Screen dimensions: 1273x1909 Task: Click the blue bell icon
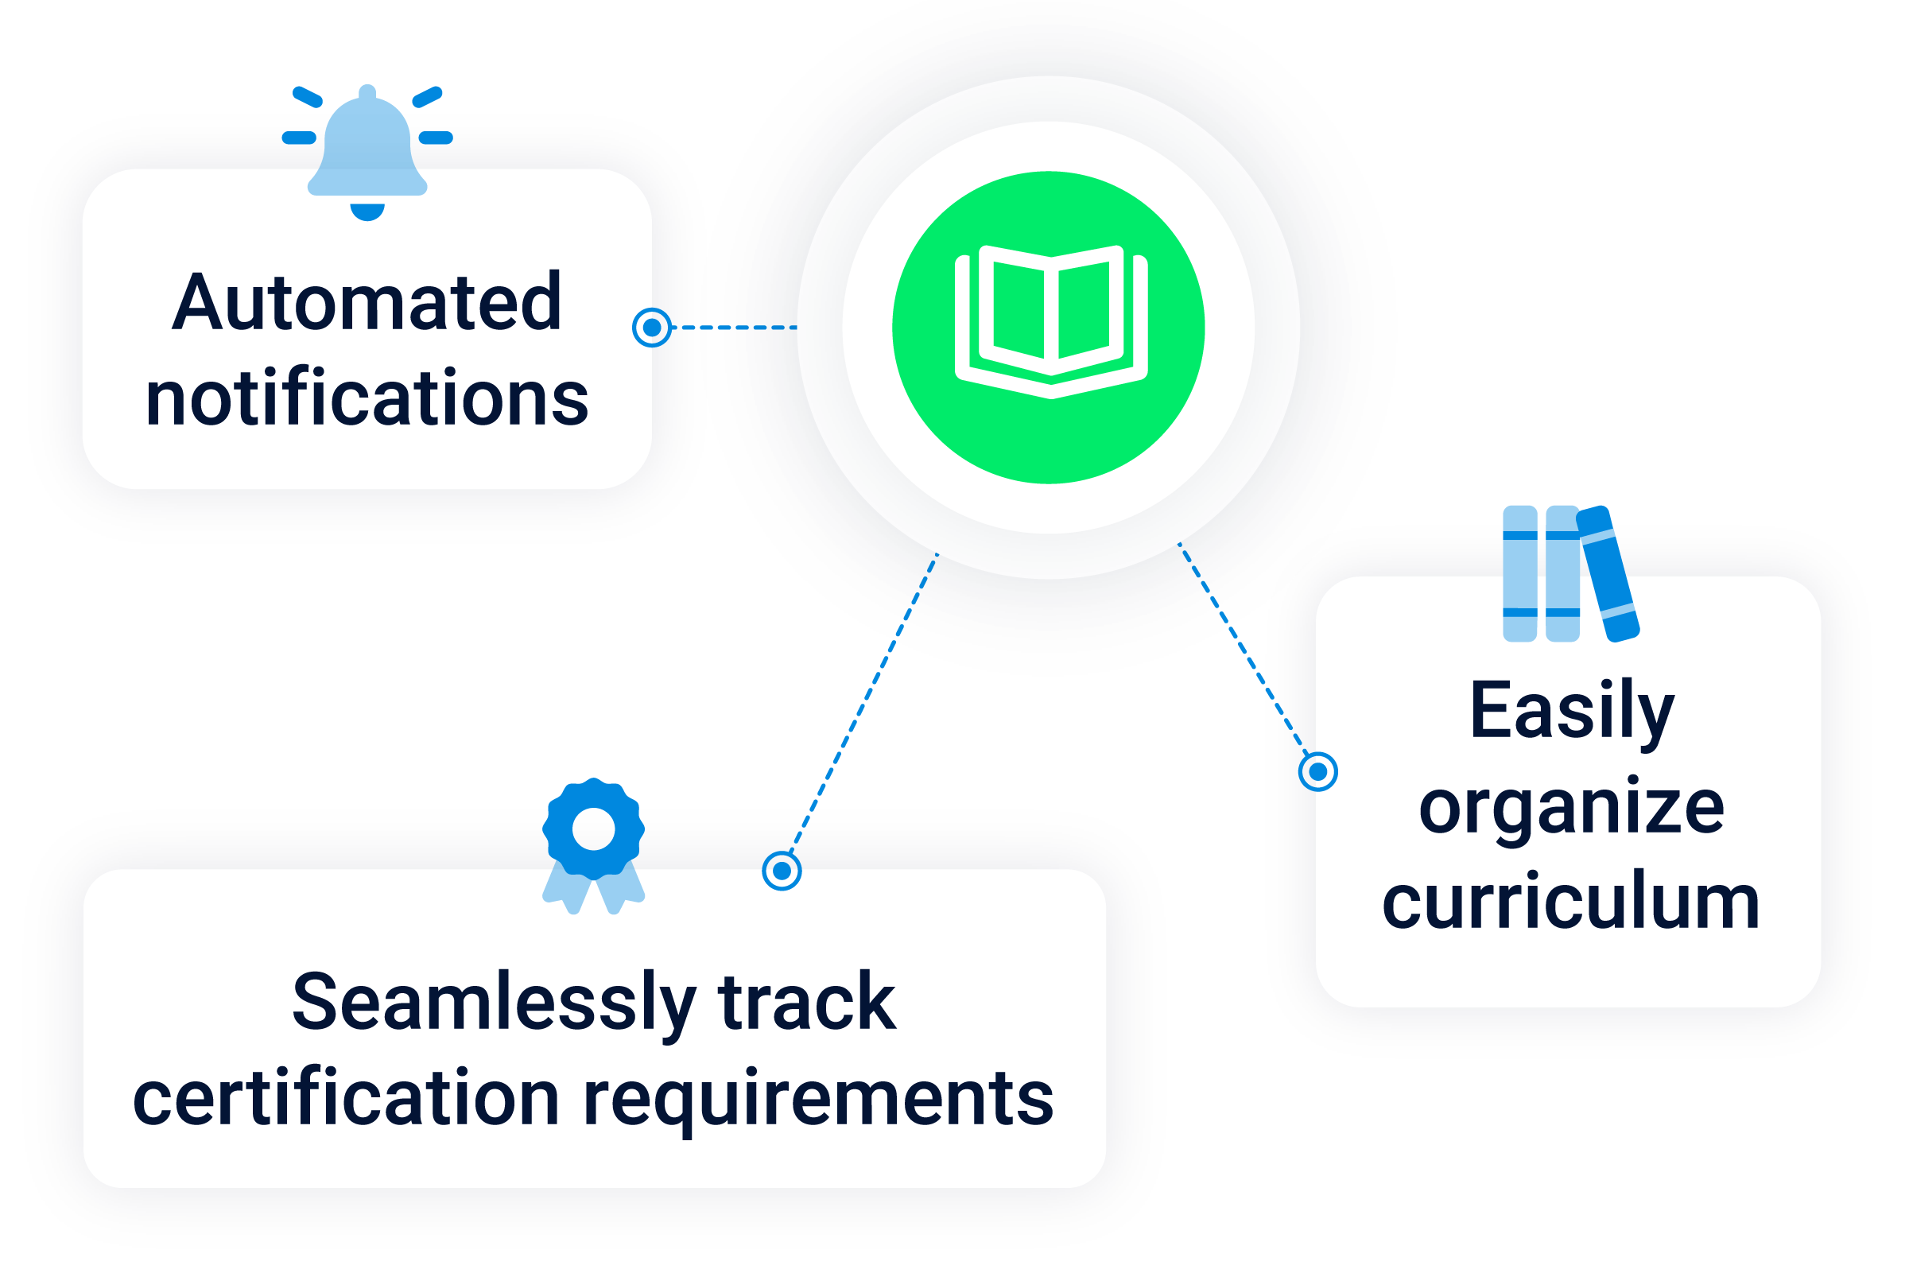pos(367,146)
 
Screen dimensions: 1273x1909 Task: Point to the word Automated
pos(367,302)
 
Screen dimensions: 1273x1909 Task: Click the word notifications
pos(367,398)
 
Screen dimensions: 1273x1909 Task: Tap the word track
pos(807,1003)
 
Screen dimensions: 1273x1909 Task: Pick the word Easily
pos(1572,711)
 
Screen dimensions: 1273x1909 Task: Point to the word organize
pos(1572,807)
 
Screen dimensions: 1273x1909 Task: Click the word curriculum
pos(1572,901)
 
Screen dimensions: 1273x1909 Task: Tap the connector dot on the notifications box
pos(652,327)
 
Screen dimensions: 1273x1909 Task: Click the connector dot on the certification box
pos(782,871)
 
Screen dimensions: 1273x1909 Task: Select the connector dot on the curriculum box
pos(1318,770)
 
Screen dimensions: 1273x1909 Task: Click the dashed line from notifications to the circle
pos(735,327)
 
